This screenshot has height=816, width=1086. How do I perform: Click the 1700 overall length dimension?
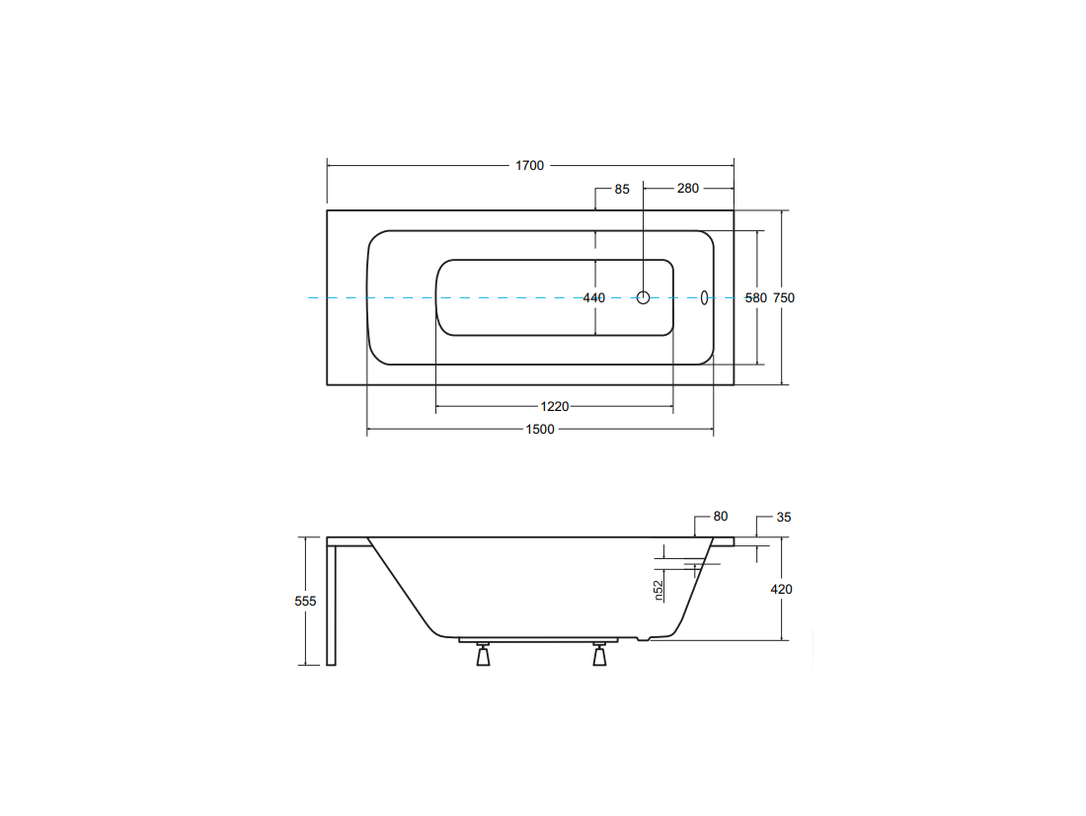[529, 166]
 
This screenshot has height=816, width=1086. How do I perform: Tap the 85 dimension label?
[622, 190]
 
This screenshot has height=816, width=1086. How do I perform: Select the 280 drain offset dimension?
[688, 189]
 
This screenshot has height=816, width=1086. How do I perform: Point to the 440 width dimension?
[593, 298]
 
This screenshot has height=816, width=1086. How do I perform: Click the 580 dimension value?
[755, 298]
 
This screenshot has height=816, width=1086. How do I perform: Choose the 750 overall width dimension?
[783, 298]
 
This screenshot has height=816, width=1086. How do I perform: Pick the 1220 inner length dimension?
[554, 407]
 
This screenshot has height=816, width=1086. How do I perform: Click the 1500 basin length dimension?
[539, 430]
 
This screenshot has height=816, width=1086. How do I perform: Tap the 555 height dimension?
[305, 601]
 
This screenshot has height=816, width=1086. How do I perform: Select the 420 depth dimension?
[781, 590]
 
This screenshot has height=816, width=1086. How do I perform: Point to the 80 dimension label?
[721, 517]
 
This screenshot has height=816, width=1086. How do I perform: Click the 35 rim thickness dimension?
[783, 518]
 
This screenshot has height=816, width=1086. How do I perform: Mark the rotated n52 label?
[659, 590]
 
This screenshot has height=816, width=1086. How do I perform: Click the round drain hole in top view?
[644, 298]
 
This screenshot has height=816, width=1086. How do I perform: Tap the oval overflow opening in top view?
[704, 298]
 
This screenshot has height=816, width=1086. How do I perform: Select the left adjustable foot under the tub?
[484, 654]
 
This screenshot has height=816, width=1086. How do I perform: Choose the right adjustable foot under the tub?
[600, 654]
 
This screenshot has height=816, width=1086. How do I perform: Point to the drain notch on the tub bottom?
[644, 638]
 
